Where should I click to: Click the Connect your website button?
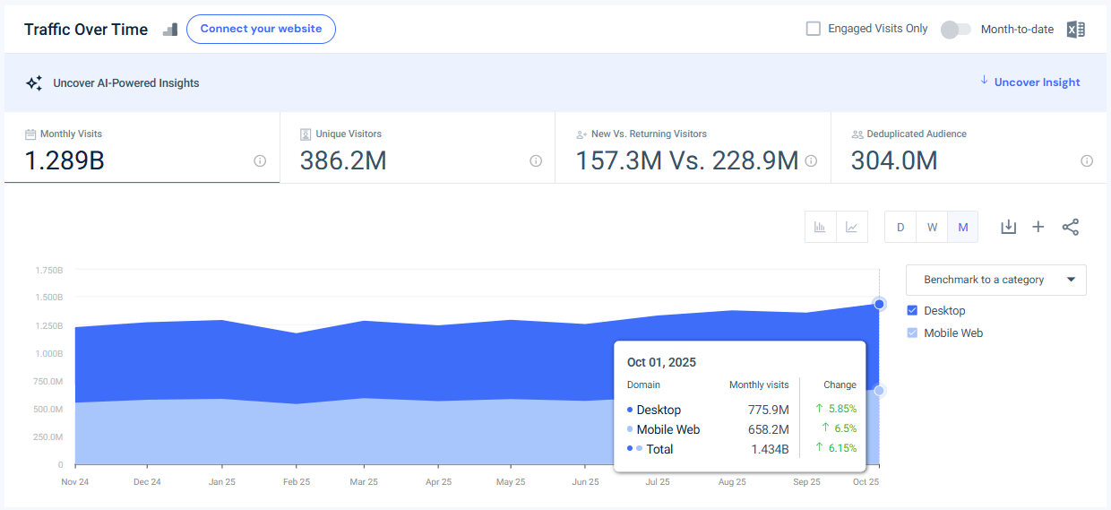point(261,29)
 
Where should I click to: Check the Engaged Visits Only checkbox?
point(814,29)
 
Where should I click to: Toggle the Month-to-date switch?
point(955,30)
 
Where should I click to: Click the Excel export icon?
point(1075,30)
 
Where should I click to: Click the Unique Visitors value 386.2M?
point(342,160)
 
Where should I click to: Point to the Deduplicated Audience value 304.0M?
point(893,160)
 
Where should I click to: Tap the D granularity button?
point(900,228)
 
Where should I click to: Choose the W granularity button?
point(932,228)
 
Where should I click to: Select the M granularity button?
point(963,228)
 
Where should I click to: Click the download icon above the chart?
point(1008,228)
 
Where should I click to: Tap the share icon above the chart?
point(1070,228)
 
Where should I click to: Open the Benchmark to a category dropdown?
point(995,280)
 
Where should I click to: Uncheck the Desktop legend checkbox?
point(912,311)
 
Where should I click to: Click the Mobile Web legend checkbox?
point(912,333)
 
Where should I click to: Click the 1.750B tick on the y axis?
point(48,270)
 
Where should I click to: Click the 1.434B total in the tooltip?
point(770,449)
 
